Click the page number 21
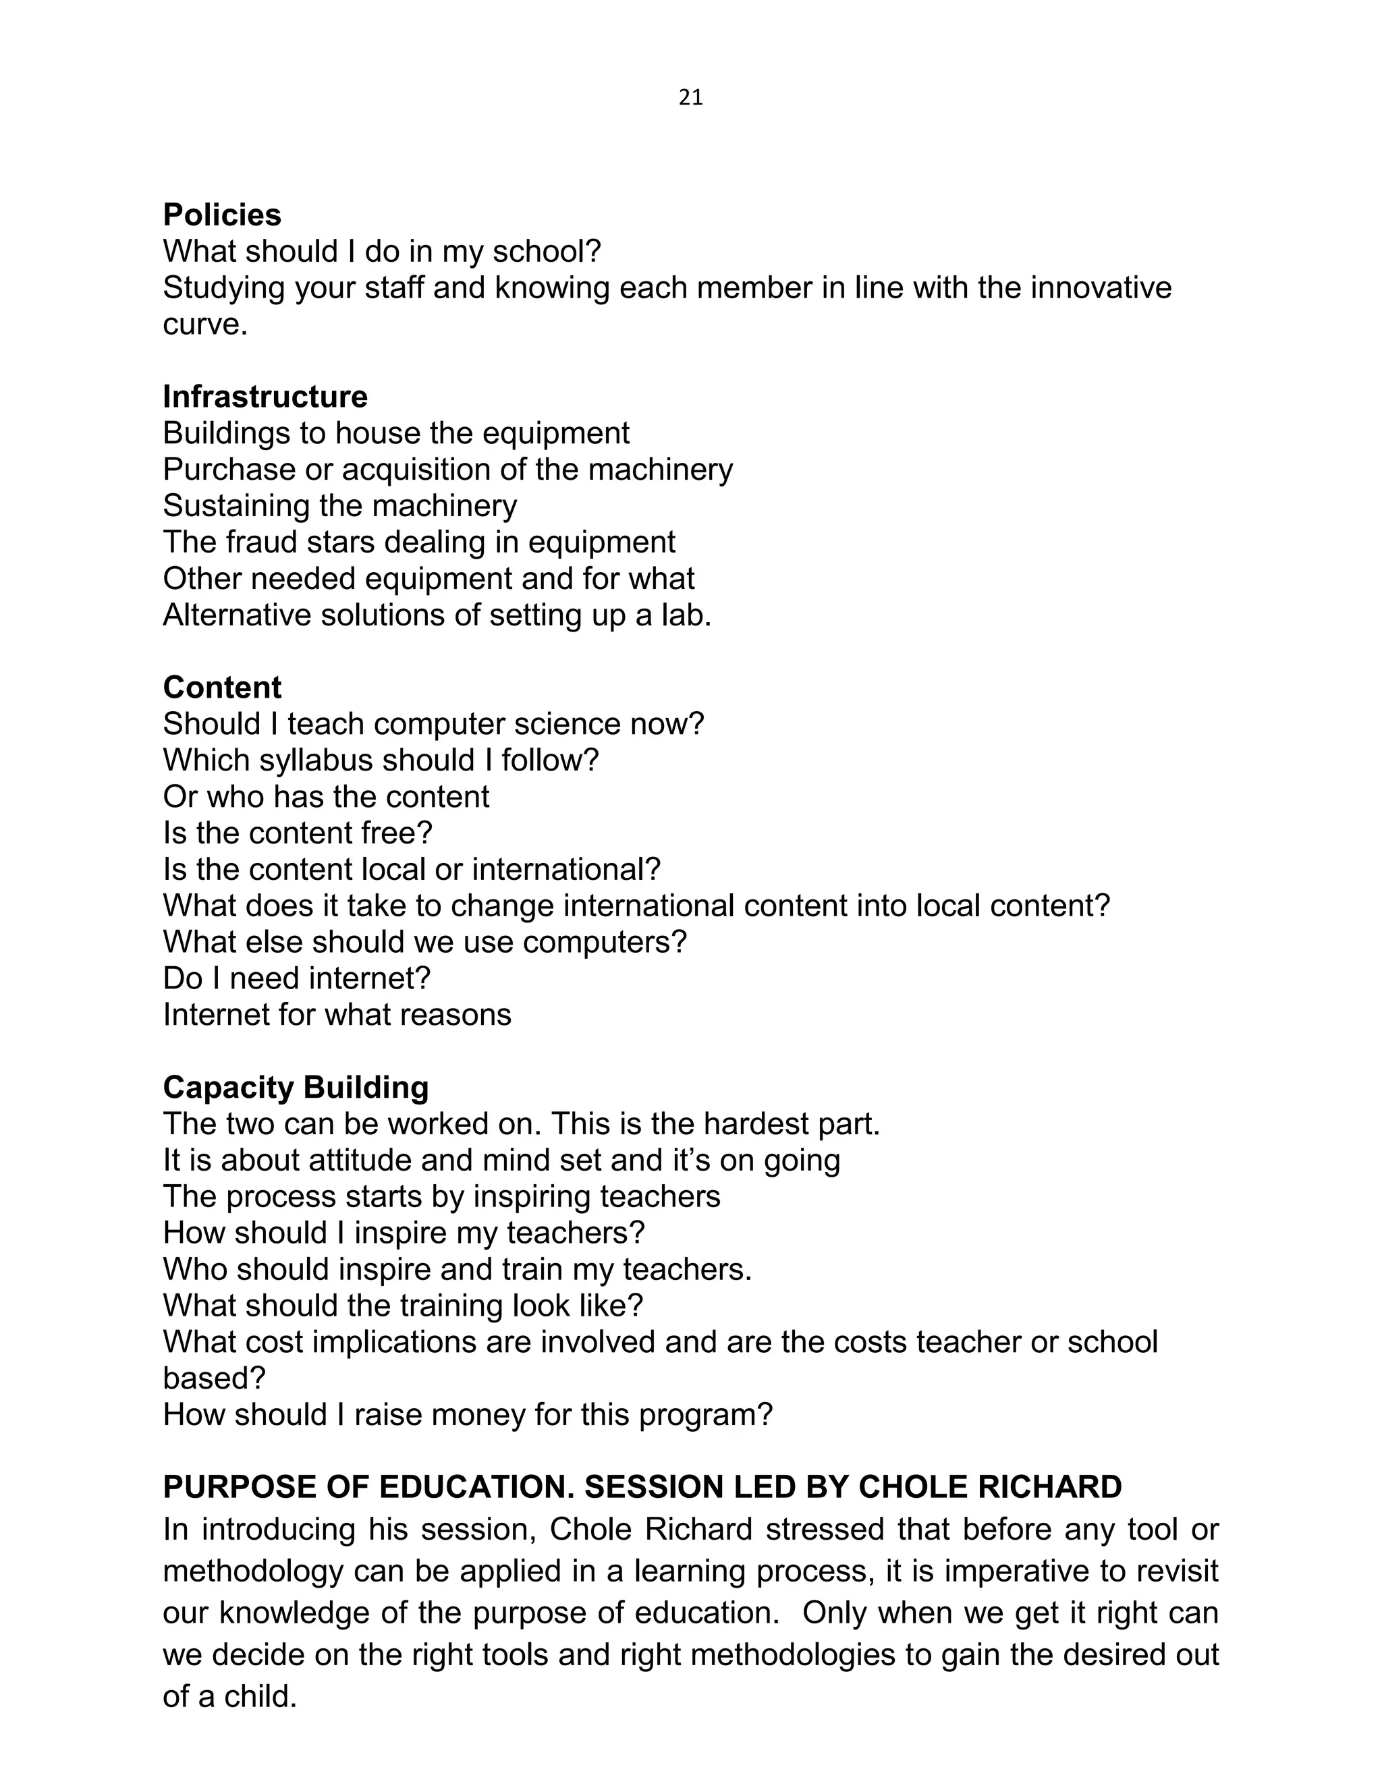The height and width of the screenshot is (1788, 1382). coord(690,99)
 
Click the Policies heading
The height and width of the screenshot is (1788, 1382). coord(222,215)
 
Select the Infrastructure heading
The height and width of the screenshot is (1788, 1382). coord(265,397)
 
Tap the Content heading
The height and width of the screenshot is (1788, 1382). coord(222,687)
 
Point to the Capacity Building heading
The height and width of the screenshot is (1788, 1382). coord(296,1087)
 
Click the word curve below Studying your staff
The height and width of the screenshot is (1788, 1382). coord(204,325)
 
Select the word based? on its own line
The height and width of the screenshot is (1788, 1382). coord(215,1378)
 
